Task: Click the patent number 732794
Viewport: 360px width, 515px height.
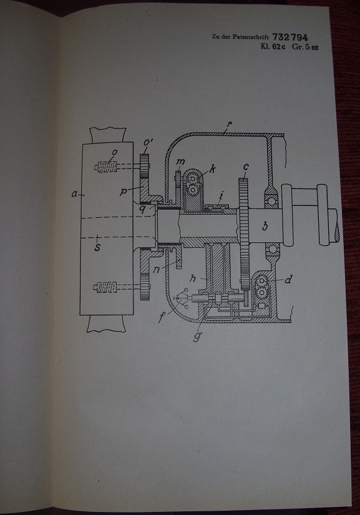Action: (x=289, y=37)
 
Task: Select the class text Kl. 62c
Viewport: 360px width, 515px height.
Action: (x=273, y=47)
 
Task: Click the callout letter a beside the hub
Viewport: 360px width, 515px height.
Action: (x=74, y=194)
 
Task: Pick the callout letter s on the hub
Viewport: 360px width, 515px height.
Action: (x=97, y=247)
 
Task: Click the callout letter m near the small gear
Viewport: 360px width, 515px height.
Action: (x=180, y=162)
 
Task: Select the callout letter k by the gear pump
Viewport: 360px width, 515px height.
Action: (x=213, y=169)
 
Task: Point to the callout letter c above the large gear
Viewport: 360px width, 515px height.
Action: (x=246, y=167)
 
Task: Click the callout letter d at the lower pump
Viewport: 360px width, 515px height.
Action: (x=288, y=280)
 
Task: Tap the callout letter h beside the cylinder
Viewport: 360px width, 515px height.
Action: (x=193, y=278)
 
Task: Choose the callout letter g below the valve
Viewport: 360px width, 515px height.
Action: (x=197, y=336)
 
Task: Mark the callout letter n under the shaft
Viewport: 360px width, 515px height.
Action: (x=157, y=269)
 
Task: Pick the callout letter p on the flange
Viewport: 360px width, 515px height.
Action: (x=124, y=191)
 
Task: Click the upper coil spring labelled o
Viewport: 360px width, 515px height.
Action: (x=105, y=167)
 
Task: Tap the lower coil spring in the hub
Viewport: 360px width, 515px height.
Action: (x=105, y=287)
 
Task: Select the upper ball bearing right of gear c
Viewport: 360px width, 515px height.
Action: (x=271, y=200)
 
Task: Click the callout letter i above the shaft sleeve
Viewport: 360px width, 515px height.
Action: (x=221, y=197)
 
